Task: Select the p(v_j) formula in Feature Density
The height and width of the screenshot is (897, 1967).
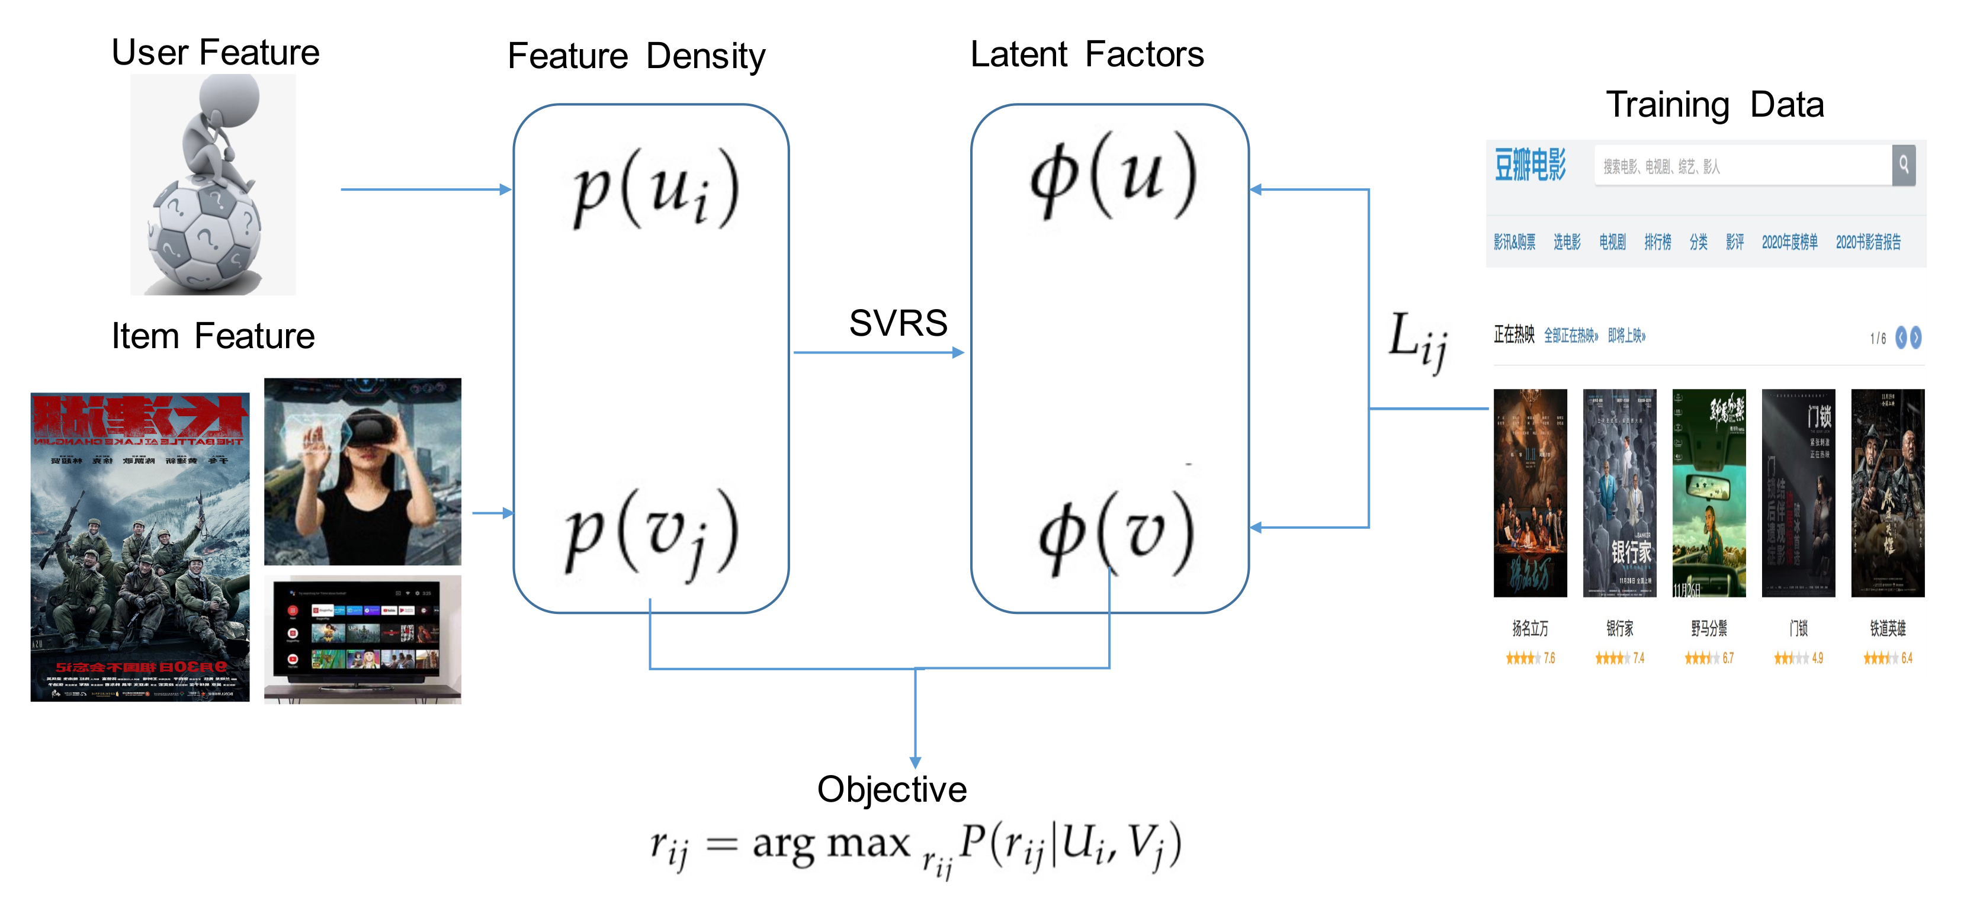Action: tap(650, 531)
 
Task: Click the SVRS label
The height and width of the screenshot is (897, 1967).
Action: tap(898, 323)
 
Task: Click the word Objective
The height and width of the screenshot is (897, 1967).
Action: tap(891, 789)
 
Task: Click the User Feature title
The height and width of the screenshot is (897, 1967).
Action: tap(216, 52)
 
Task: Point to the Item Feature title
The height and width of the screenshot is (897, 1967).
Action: tap(213, 336)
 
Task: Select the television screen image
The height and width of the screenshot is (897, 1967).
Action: tap(362, 638)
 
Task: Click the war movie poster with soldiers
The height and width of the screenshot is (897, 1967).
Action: tap(140, 546)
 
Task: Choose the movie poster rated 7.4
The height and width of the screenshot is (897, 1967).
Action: tap(1619, 493)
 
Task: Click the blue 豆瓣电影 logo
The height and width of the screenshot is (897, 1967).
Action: tap(1529, 165)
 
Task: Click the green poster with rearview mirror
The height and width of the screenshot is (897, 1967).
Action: tap(1708, 493)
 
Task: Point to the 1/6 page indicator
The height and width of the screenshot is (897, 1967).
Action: tap(1878, 338)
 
